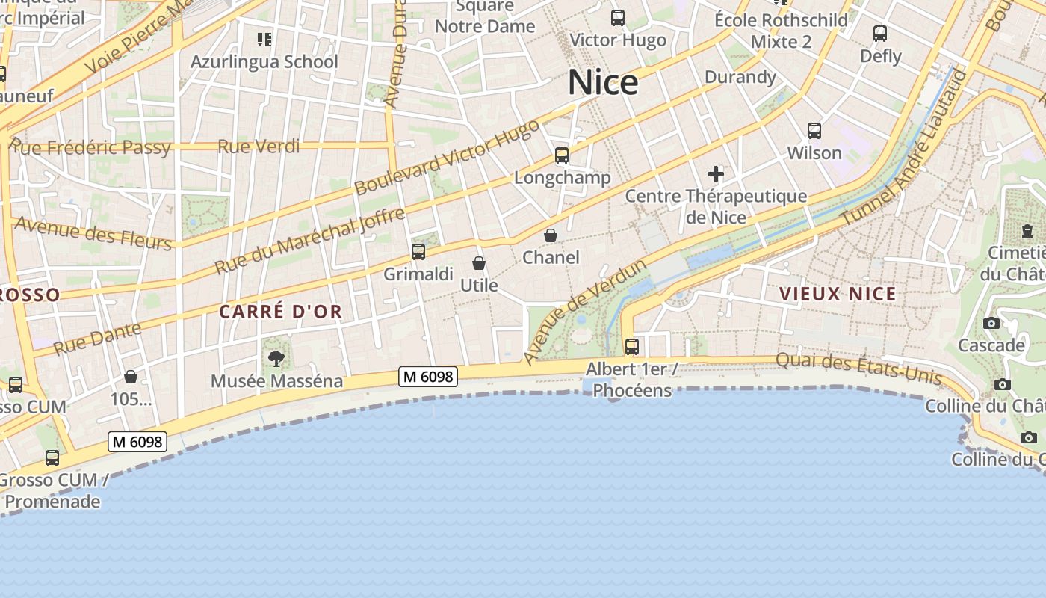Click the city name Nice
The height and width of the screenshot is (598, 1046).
[x=603, y=82]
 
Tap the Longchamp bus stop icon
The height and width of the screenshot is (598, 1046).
[x=562, y=155]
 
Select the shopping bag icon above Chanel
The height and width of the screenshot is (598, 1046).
[x=551, y=235]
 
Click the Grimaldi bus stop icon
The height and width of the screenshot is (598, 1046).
[x=418, y=252]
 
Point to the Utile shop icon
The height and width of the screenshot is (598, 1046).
[x=479, y=263]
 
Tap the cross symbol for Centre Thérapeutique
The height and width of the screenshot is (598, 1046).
[x=716, y=175]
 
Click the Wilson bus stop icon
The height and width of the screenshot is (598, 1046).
[x=814, y=131]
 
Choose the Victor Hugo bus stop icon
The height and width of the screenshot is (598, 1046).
[x=618, y=18]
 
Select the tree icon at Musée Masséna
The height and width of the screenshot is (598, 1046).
[x=276, y=359]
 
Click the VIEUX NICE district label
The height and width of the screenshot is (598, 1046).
[x=838, y=294]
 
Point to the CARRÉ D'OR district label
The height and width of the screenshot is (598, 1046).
[x=281, y=312]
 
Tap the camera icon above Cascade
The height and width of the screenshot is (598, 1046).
[x=991, y=324]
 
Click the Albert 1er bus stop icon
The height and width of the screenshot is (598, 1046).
[x=632, y=347]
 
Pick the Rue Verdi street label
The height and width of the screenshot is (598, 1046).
[x=259, y=147]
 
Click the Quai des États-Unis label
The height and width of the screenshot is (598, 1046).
[x=858, y=369]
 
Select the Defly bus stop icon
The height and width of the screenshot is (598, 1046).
[x=880, y=34]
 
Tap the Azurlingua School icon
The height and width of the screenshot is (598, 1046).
[x=264, y=39]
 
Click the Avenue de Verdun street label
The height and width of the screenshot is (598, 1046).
[x=584, y=312]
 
